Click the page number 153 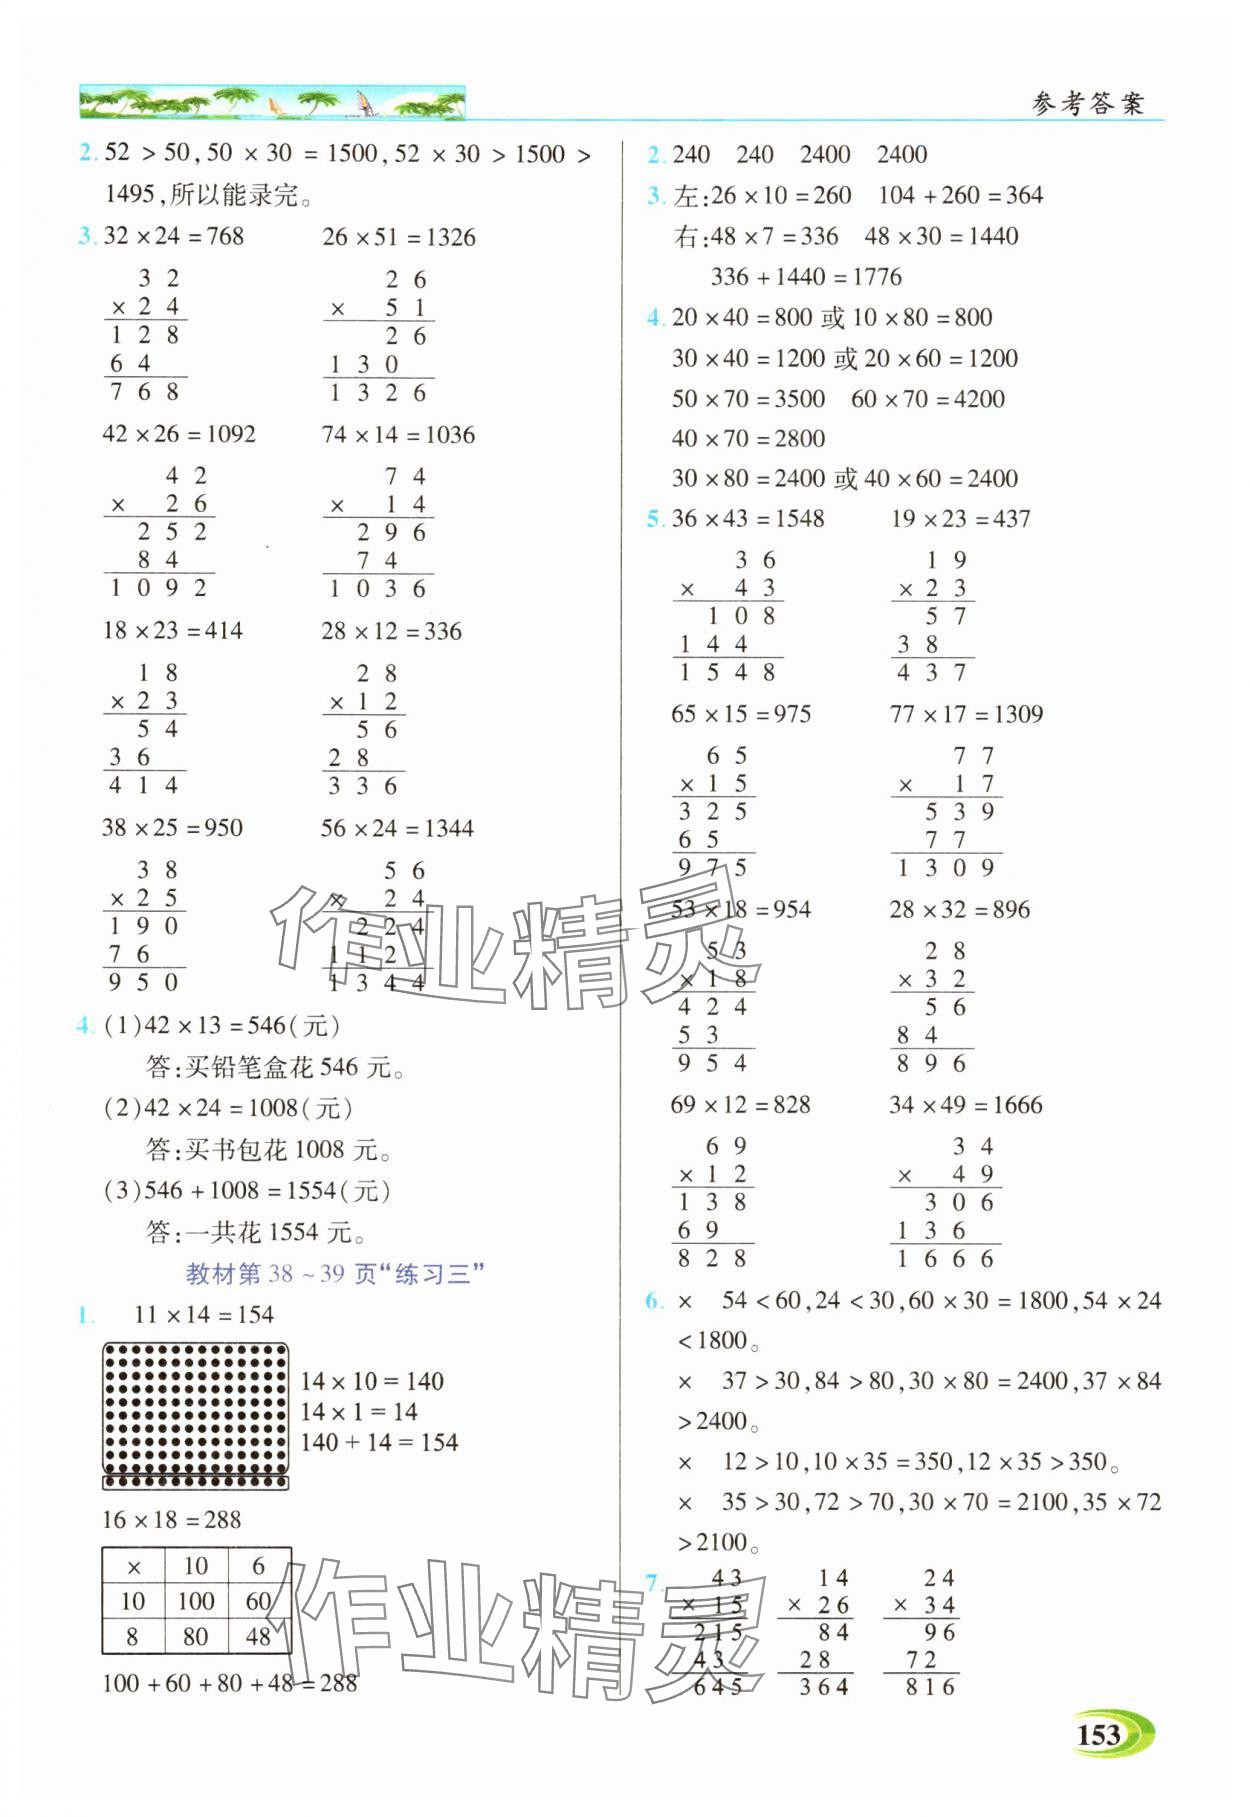coord(1099,1734)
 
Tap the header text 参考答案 coord(1087,103)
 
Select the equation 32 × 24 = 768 coord(174,236)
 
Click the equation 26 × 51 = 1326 coord(398,237)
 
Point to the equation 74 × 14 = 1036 coord(398,434)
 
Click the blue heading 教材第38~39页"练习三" coord(335,1273)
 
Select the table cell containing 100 coord(196,1601)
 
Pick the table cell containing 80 coord(196,1637)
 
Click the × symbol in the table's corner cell coord(133,1566)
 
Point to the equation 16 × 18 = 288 coord(171,1520)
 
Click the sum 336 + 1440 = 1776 coord(806,276)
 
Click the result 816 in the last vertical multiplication coord(930,1687)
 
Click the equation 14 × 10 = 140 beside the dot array coord(372,1381)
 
